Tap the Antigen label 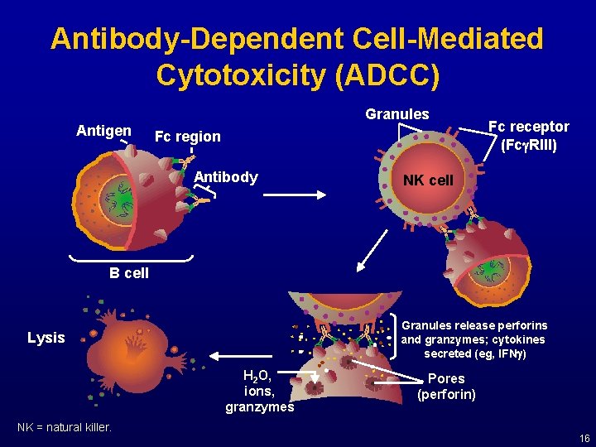[103, 131]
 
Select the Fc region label [188, 137]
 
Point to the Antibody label [226, 176]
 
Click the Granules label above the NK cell [397, 114]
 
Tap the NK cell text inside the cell [428, 179]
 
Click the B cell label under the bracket [129, 273]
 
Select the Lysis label [46, 338]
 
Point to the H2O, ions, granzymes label [259, 390]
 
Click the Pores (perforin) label [446, 387]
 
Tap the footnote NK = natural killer [65, 427]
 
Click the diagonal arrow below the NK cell [372, 248]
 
